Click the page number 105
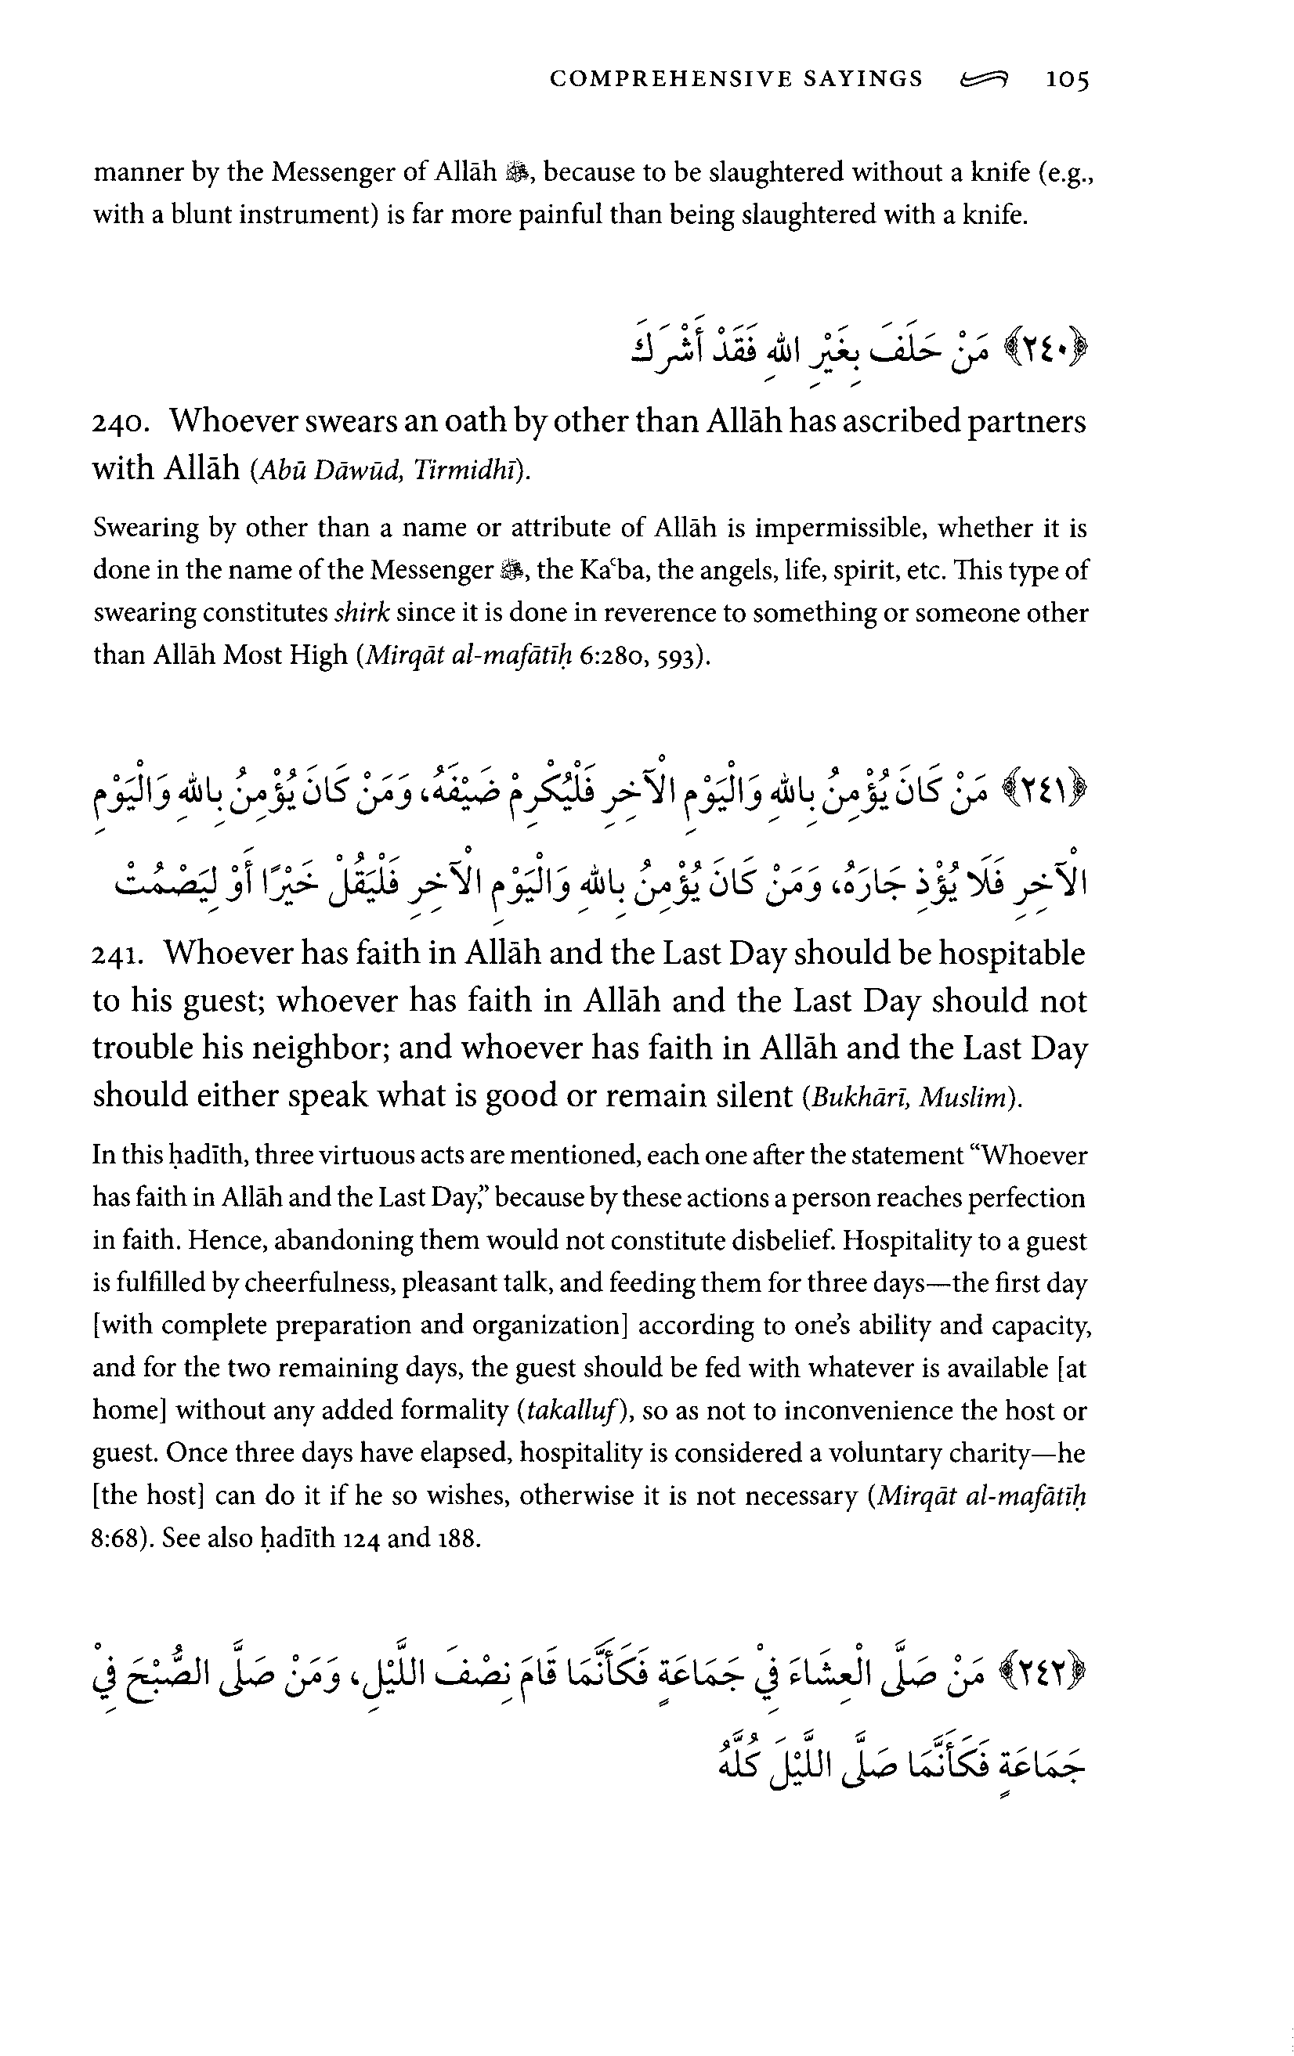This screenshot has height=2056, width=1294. click(x=1068, y=81)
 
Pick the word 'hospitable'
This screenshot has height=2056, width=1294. click(x=1011, y=954)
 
